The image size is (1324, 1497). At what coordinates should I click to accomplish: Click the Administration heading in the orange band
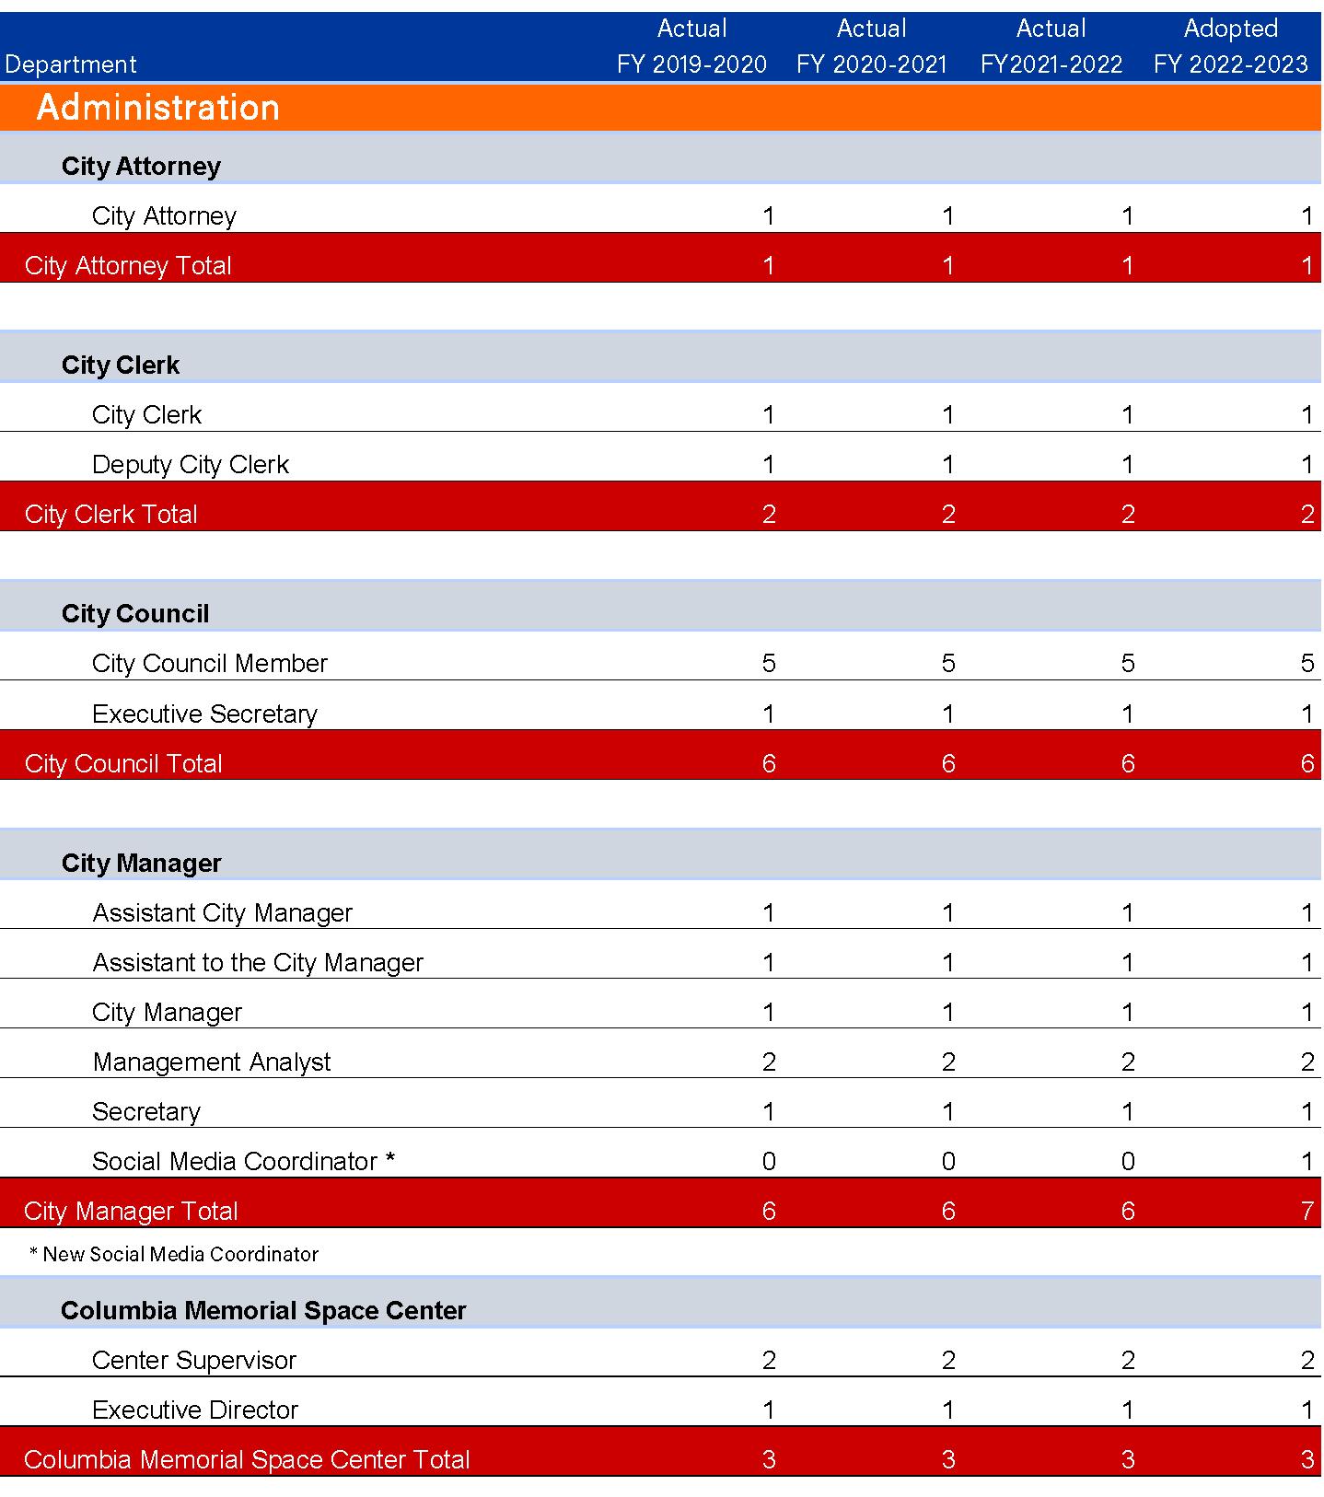click(157, 108)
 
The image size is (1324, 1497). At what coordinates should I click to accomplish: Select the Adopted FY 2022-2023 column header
click(1230, 46)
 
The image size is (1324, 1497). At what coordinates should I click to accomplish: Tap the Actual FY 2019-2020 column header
click(691, 46)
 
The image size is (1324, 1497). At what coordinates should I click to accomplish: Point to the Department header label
click(71, 64)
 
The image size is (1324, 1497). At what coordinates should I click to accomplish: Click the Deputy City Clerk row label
click(191, 464)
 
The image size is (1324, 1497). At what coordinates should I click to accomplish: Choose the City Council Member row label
click(210, 663)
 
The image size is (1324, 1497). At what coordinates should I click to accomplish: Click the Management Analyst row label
click(212, 1062)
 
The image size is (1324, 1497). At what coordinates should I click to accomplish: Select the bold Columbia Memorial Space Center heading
click(263, 1310)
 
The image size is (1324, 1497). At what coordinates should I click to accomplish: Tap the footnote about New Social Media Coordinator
click(174, 1254)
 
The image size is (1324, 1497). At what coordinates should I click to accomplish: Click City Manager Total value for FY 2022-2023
click(1307, 1211)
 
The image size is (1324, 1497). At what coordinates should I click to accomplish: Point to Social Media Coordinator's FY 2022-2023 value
click(1307, 1161)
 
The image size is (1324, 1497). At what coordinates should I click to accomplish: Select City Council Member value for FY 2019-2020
click(769, 663)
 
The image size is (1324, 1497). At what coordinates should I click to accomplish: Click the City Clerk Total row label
click(111, 514)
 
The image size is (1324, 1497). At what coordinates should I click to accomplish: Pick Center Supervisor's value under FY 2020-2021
click(948, 1360)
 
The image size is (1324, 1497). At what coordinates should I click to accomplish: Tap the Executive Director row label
click(195, 1410)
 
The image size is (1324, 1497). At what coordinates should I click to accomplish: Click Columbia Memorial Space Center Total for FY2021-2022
click(1128, 1459)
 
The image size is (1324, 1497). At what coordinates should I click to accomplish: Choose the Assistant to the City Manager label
click(258, 962)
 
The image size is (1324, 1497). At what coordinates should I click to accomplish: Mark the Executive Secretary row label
click(204, 714)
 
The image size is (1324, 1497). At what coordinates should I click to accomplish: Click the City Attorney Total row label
click(128, 265)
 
